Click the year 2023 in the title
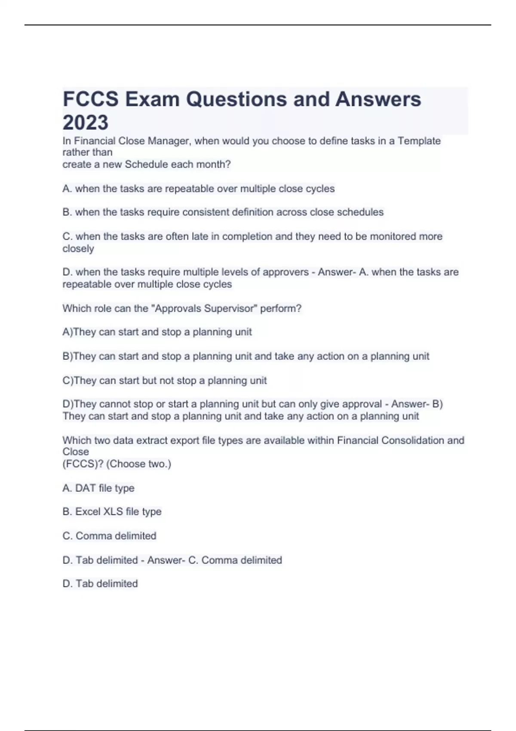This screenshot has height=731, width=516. coord(86,123)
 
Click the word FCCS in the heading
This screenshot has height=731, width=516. coord(91,99)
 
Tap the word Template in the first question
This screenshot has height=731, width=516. coord(419,141)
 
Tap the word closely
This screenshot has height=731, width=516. coord(78,249)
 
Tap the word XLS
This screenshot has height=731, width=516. coord(113,512)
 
